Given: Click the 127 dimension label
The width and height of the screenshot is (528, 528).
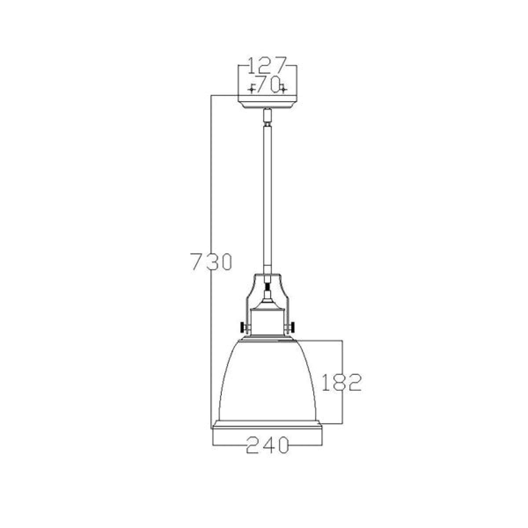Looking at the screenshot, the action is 267,65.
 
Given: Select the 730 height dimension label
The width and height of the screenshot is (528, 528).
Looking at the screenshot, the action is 211,261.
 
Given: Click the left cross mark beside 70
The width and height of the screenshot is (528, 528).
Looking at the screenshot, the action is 251,89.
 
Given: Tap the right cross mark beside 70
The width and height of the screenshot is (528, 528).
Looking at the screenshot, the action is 283,89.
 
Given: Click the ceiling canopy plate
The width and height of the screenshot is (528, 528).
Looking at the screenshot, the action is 267,102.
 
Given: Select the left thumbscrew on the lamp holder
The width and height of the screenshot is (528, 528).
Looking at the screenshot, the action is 244,327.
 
